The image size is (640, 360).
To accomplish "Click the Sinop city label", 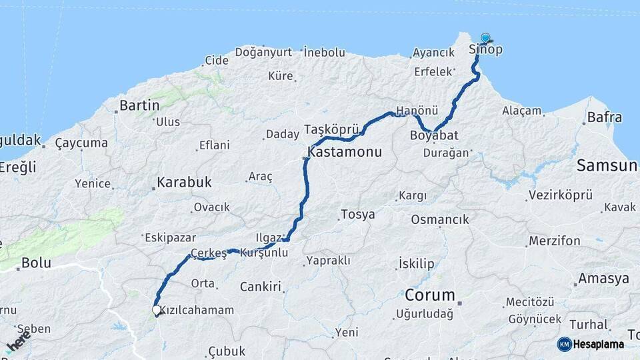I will (485, 50).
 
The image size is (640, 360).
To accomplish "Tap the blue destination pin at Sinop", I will (485, 39).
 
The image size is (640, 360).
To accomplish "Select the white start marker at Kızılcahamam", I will (156, 310).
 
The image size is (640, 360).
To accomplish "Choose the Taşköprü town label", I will (331, 129).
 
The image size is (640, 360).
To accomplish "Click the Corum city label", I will (430, 295).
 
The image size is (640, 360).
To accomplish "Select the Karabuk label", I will (184, 181).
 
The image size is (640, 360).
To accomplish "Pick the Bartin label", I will (139, 105).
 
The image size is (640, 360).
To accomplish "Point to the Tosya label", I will (357, 215).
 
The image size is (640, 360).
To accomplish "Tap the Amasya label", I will (603, 278).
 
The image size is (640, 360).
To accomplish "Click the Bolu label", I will (36, 263).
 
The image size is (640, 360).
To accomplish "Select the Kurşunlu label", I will (263, 253).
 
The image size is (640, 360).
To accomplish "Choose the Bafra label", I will (605, 118).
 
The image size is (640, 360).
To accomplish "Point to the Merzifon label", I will (554, 241).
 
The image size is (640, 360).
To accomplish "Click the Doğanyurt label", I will (263, 51).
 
